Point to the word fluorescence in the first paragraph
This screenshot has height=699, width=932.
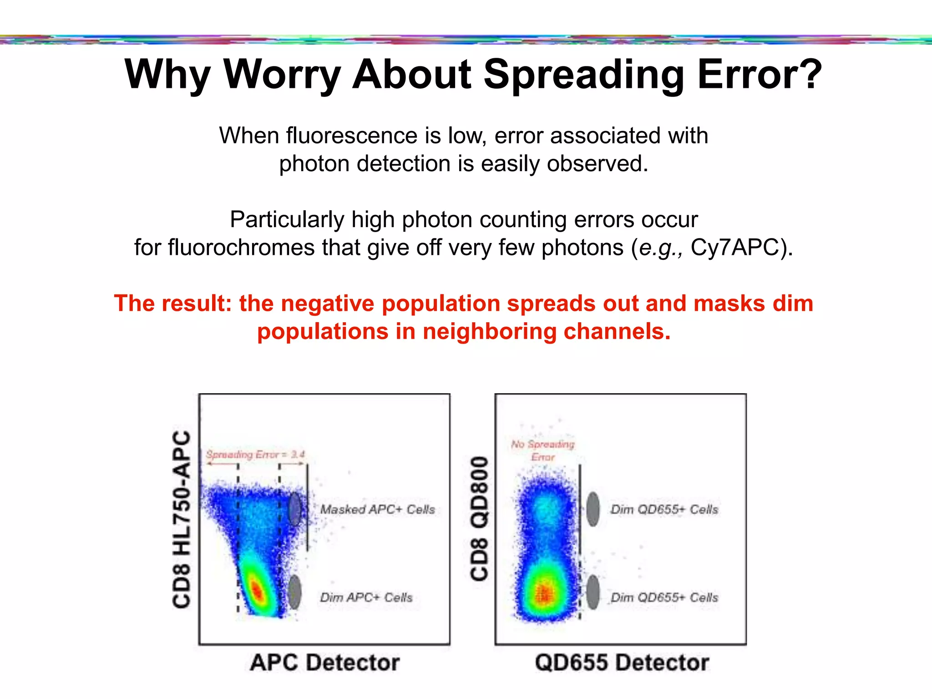pyautogui.click(x=363, y=136)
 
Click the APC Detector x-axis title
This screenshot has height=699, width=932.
pyautogui.click(x=324, y=663)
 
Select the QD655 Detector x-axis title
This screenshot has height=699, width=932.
pyautogui.click(x=622, y=663)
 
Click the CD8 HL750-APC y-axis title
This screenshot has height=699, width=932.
pyautogui.click(x=182, y=519)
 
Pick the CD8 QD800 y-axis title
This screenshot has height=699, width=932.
pyautogui.click(x=479, y=519)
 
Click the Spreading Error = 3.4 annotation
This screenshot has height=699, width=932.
pyautogui.click(x=255, y=454)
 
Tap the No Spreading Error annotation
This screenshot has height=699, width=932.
pyautogui.click(x=542, y=450)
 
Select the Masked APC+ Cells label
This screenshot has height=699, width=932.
pyautogui.click(x=377, y=509)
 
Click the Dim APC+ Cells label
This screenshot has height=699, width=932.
pyautogui.click(x=366, y=597)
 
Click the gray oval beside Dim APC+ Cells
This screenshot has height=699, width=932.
pyautogui.click(x=295, y=592)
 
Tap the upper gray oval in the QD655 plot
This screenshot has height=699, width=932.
pyautogui.click(x=593, y=509)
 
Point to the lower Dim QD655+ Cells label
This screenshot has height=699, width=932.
pyautogui.click(x=664, y=597)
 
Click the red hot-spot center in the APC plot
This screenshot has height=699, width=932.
pyautogui.click(x=257, y=591)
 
